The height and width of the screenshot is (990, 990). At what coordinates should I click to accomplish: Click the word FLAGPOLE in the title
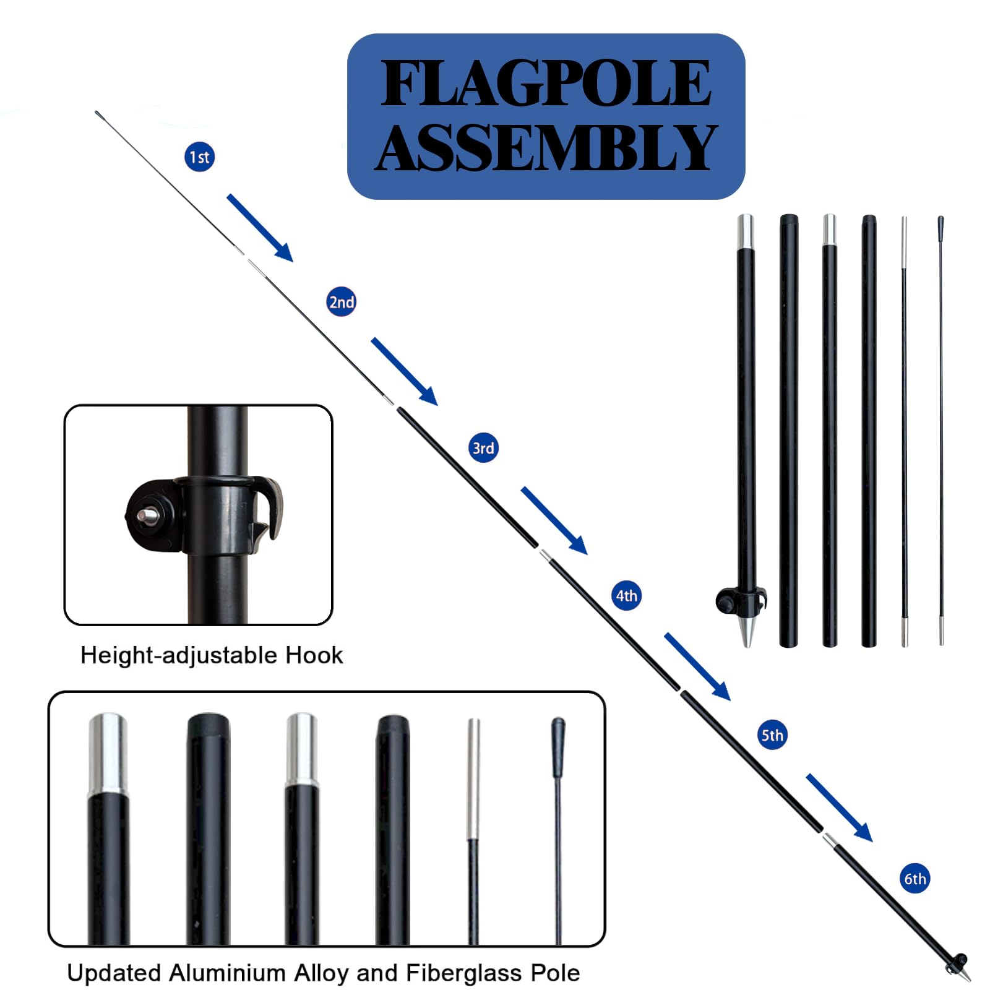tap(546, 83)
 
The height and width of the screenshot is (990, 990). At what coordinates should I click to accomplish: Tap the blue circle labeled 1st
tap(199, 157)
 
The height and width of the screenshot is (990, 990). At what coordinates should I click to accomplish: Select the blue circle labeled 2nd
tap(341, 302)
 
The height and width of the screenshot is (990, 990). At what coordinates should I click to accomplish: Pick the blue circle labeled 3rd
tap(483, 448)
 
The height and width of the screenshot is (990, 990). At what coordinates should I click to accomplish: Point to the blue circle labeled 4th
tap(626, 595)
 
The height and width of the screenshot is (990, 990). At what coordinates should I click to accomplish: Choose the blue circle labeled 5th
tap(772, 735)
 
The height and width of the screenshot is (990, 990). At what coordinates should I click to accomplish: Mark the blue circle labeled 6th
tap(915, 879)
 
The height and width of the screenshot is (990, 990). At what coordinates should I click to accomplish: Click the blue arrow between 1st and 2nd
tap(260, 228)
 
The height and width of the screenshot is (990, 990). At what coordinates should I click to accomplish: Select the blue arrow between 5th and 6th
tap(839, 807)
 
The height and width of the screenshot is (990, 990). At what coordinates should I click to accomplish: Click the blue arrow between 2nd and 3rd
tap(404, 371)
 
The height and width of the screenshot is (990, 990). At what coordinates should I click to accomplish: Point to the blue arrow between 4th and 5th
tap(697, 666)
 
